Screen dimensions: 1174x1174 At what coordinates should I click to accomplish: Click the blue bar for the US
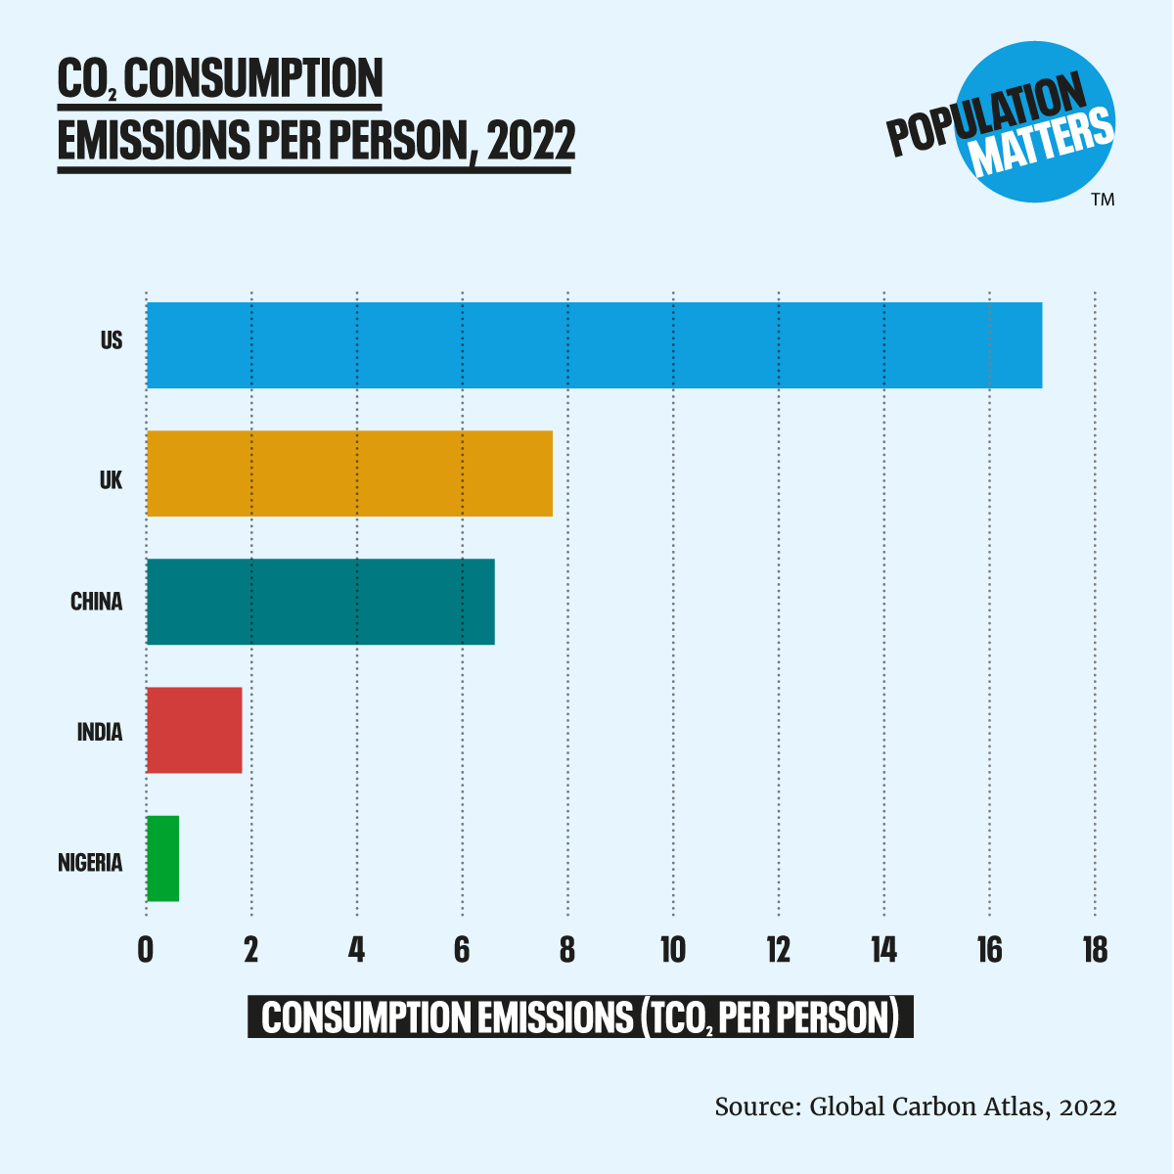point(594,345)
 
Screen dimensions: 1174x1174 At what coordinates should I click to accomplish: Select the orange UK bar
point(349,474)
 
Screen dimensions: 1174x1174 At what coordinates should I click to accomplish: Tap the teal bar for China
point(320,602)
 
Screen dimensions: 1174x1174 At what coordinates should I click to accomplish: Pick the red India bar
point(194,730)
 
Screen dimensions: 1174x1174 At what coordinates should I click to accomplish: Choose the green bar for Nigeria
point(162,858)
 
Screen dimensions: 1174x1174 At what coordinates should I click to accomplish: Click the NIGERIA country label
point(90,863)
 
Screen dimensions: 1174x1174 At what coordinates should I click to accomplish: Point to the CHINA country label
point(96,602)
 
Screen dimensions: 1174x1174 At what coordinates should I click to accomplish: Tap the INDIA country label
point(100,732)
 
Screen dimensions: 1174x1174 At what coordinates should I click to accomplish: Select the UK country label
point(111,480)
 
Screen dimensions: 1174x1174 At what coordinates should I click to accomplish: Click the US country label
point(112,341)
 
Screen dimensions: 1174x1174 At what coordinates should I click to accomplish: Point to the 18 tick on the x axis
point(1095,949)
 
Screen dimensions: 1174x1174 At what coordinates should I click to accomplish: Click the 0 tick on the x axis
point(146,949)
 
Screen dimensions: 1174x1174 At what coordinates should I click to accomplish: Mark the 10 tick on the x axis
point(672,949)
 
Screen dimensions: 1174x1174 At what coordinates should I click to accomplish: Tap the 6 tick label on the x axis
point(462,949)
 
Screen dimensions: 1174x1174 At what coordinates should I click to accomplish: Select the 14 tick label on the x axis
point(883,949)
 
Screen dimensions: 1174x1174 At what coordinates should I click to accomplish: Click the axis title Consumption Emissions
point(580,1017)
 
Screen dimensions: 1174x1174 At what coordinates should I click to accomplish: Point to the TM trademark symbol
point(1103,200)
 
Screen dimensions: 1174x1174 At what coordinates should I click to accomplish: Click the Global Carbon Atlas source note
point(915,1106)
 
